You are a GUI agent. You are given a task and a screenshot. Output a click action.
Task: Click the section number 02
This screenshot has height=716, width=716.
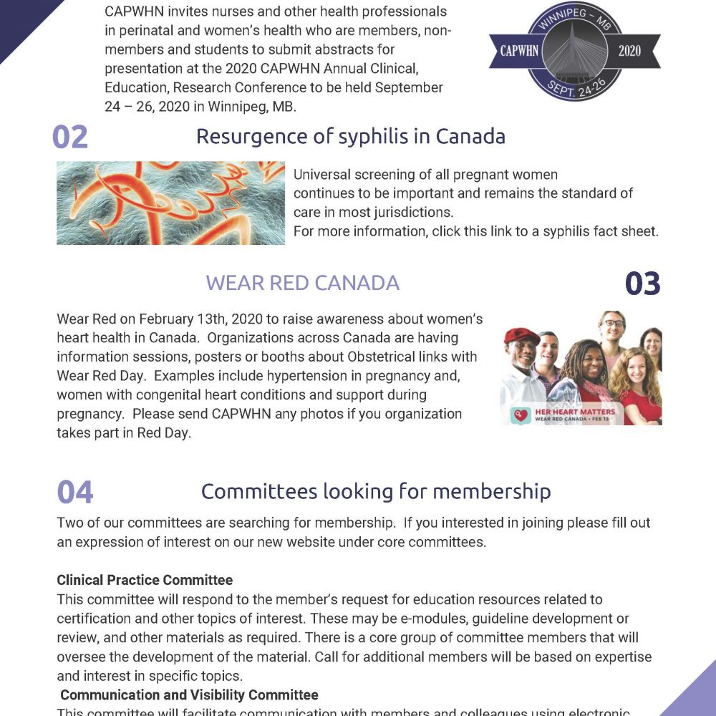click(x=70, y=137)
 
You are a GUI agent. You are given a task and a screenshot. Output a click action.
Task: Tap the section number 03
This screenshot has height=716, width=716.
click(x=642, y=284)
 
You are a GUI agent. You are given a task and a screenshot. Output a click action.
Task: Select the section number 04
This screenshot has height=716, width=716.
click(x=75, y=493)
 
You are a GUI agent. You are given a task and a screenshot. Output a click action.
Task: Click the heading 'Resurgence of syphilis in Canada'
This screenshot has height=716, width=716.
click(x=351, y=136)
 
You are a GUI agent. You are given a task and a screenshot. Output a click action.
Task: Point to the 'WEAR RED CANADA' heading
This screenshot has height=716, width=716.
click(x=302, y=283)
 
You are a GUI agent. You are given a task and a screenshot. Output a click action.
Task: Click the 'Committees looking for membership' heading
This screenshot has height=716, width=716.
click(x=376, y=491)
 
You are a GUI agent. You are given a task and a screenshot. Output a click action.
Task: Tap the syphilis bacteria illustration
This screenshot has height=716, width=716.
click(x=170, y=203)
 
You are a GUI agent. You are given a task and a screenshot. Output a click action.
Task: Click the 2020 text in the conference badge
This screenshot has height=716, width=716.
click(x=629, y=52)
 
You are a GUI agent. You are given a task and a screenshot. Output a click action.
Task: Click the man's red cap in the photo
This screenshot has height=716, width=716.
click(x=522, y=336)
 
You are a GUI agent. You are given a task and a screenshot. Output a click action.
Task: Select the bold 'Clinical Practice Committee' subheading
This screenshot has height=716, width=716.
click(x=145, y=580)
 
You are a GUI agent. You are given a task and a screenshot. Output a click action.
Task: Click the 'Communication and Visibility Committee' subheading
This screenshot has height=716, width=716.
click(x=189, y=695)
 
